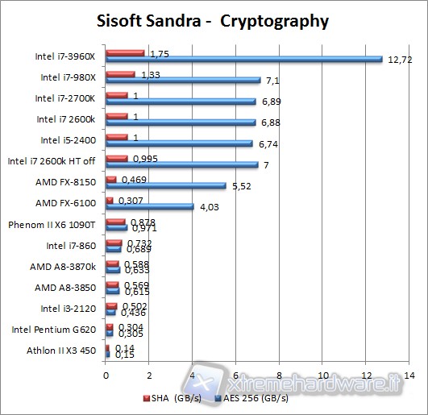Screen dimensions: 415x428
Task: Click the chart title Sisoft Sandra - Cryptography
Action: [214, 20]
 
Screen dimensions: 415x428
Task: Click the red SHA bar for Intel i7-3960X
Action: [124, 53]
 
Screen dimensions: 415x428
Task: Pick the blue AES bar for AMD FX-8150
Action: [165, 185]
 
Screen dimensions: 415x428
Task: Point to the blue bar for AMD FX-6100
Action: [149, 206]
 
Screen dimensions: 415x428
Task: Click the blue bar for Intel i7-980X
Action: [182, 81]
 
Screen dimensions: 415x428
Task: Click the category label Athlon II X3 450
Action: [62, 350]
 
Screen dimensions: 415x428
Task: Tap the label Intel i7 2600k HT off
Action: [52, 161]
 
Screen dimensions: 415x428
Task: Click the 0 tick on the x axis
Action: [106, 375]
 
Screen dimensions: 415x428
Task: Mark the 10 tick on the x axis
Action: [322, 375]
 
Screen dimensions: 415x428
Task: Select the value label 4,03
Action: [209, 206]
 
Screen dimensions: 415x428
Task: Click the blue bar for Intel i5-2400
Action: [178, 143]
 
